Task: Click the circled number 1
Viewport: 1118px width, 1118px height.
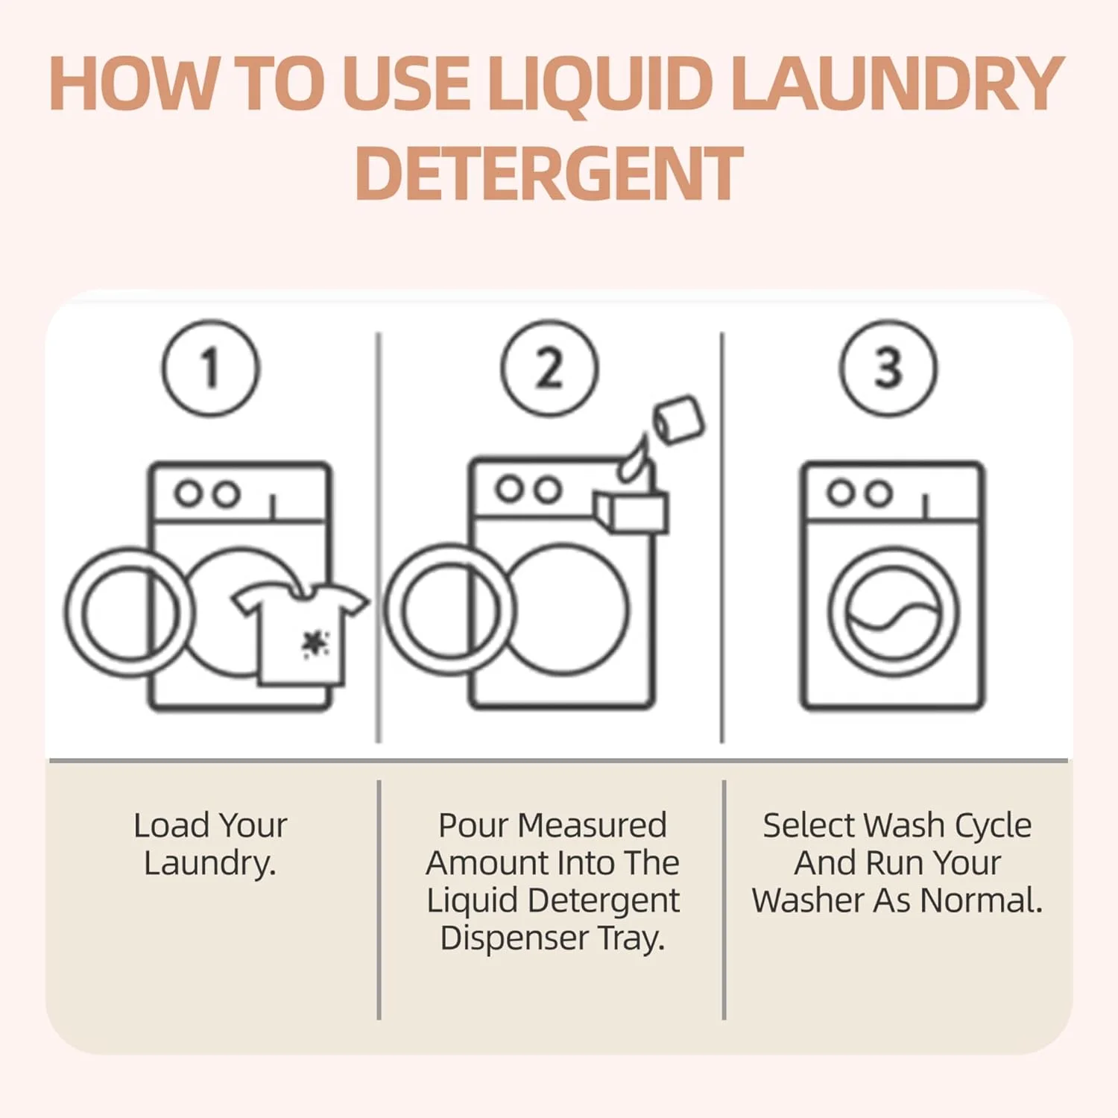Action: tap(211, 367)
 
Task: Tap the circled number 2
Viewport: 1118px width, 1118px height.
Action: tap(549, 367)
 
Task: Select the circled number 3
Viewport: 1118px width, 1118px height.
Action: tap(888, 367)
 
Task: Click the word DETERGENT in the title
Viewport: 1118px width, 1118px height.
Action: tap(549, 173)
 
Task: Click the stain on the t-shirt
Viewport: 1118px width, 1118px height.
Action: tap(315, 643)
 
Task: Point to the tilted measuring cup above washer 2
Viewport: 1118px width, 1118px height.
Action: tap(678, 420)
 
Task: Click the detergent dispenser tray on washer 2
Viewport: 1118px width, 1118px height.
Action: tap(631, 511)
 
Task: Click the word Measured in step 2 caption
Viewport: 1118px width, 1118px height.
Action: tap(592, 826)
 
